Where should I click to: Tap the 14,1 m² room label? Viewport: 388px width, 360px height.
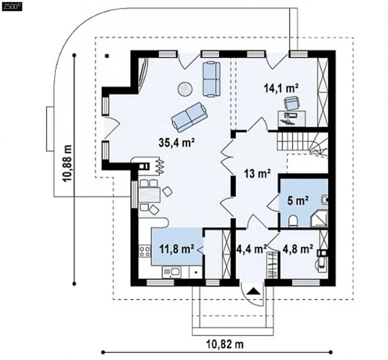(281, 88)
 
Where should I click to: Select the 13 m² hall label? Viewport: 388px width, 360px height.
(257, 174)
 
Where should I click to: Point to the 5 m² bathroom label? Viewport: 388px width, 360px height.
(298, 200)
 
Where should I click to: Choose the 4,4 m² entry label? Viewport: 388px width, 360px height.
(251, 249)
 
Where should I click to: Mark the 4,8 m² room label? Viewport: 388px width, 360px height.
(297, 249)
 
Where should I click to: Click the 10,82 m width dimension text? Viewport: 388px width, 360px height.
(225, 343)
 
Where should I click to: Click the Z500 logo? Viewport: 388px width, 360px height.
(12, 7)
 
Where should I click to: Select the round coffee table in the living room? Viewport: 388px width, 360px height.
(185, 88)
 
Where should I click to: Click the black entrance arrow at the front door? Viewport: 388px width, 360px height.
(253, 291)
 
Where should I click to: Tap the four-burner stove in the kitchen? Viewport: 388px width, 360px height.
(145, 251)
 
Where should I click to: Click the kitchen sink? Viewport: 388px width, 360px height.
(171, 272)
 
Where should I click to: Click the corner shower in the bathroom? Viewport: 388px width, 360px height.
(319, 218)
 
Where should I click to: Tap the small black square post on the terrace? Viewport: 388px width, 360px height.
(107, 56)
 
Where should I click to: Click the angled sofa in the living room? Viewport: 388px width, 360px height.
(189, 117)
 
